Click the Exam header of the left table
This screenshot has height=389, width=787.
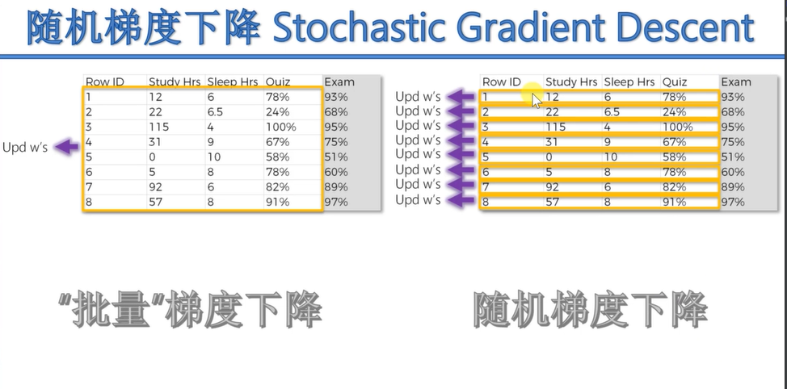[x=339, y=82]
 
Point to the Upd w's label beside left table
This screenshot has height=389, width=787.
[x=26, y=148]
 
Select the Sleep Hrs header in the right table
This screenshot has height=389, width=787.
[x=629, y=82]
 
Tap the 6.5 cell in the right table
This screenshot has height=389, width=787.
[x=612, y=112]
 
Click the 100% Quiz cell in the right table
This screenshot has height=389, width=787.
[x=677, y=127]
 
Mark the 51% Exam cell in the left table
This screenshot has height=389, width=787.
[x=336, y=157]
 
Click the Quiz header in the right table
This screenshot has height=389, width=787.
[x=674, y=82]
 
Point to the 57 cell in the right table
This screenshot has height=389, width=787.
[x=553, y=202]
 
